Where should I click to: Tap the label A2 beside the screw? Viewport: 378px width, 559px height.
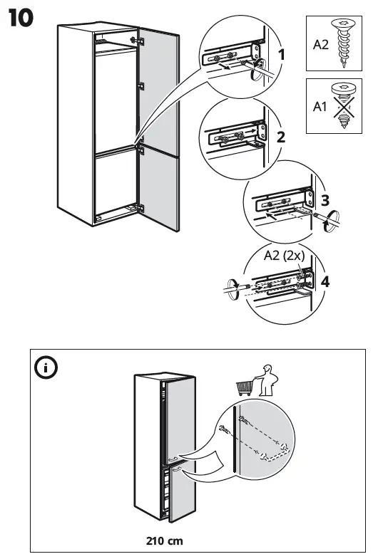pos(320,45)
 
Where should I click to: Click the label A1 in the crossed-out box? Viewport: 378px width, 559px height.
pos(320,108)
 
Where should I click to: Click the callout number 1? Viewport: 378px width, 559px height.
pos(282,54)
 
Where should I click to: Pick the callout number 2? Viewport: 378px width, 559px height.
pos(281,137)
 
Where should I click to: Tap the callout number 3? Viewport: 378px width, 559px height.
pos(325,200)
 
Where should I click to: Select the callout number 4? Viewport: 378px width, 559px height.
pos(325,281)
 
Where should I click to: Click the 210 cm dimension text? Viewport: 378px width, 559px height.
pos(165,541)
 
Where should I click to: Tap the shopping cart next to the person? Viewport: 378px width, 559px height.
pos(245,387)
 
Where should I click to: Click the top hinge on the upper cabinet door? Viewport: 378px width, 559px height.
pos(141,40)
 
